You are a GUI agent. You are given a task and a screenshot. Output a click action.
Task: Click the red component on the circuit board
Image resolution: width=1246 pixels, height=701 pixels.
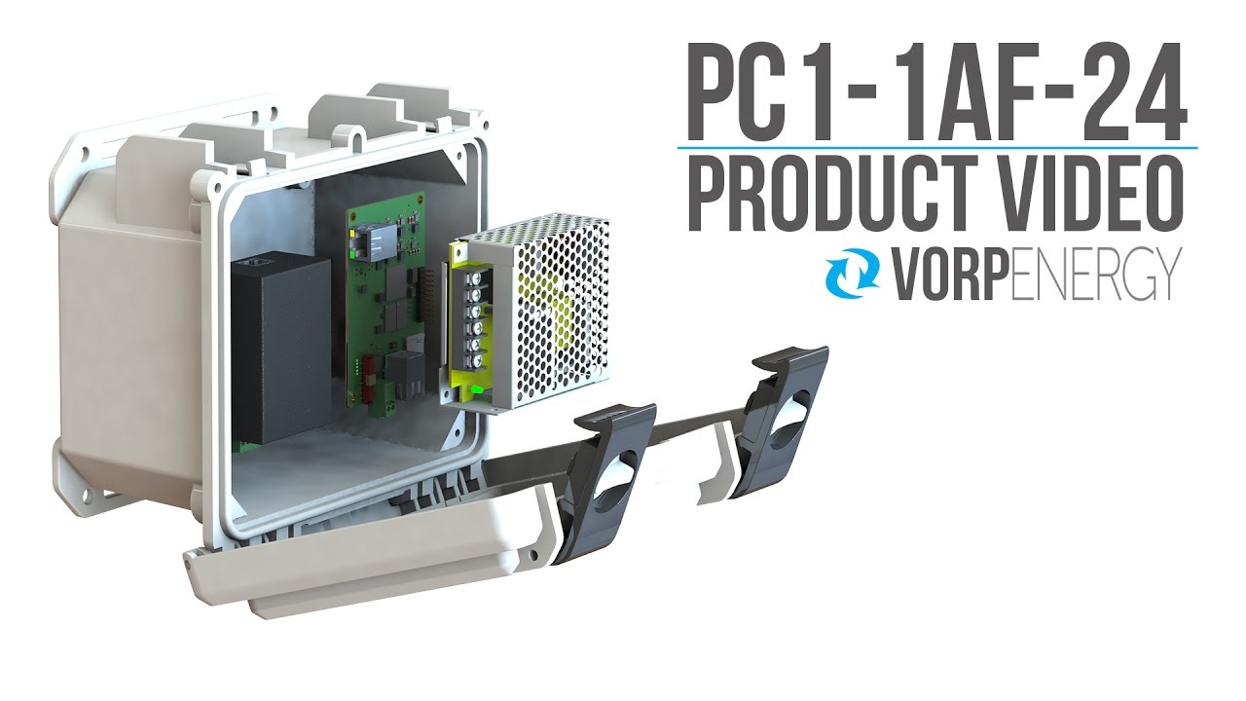(x=368, y=388)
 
